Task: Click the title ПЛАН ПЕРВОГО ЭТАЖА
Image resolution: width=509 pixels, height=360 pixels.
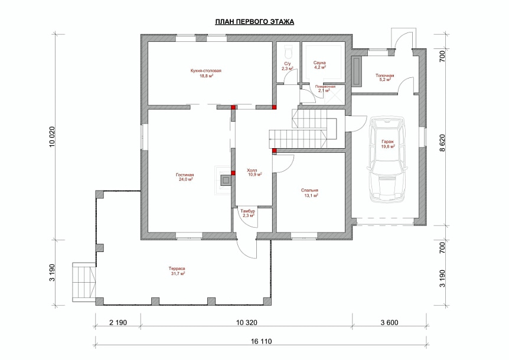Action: [255, 22]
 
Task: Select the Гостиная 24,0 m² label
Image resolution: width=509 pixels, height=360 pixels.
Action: [186, 177]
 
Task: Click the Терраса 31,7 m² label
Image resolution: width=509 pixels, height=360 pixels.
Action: [177, 271]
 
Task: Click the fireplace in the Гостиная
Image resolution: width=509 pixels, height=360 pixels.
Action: [224, 181]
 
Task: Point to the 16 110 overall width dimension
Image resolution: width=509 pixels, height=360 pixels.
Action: [262, 342]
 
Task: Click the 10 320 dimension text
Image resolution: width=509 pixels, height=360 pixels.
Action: [247, 323]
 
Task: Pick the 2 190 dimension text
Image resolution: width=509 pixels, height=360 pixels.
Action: [118, 323]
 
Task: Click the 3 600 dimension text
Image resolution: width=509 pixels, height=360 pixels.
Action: [389, 323]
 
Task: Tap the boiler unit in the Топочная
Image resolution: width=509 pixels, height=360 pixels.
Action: [356, 71]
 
